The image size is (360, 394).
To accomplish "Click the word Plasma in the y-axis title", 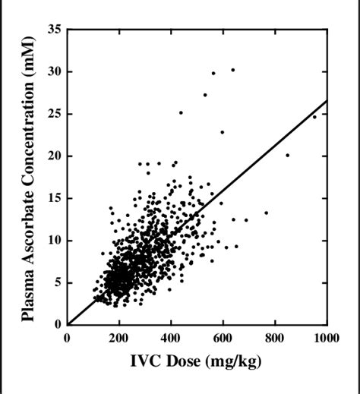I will [x=30, y=292].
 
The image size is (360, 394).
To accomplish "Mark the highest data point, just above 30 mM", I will [x=232, y=70].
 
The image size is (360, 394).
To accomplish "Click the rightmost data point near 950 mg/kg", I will [x=314, y=117].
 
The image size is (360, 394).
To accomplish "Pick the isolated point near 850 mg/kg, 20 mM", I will [x=287, y=155].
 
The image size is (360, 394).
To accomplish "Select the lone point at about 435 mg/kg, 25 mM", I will [x=181, y=112].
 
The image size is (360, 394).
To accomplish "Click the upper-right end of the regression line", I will [x=327, y=100].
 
